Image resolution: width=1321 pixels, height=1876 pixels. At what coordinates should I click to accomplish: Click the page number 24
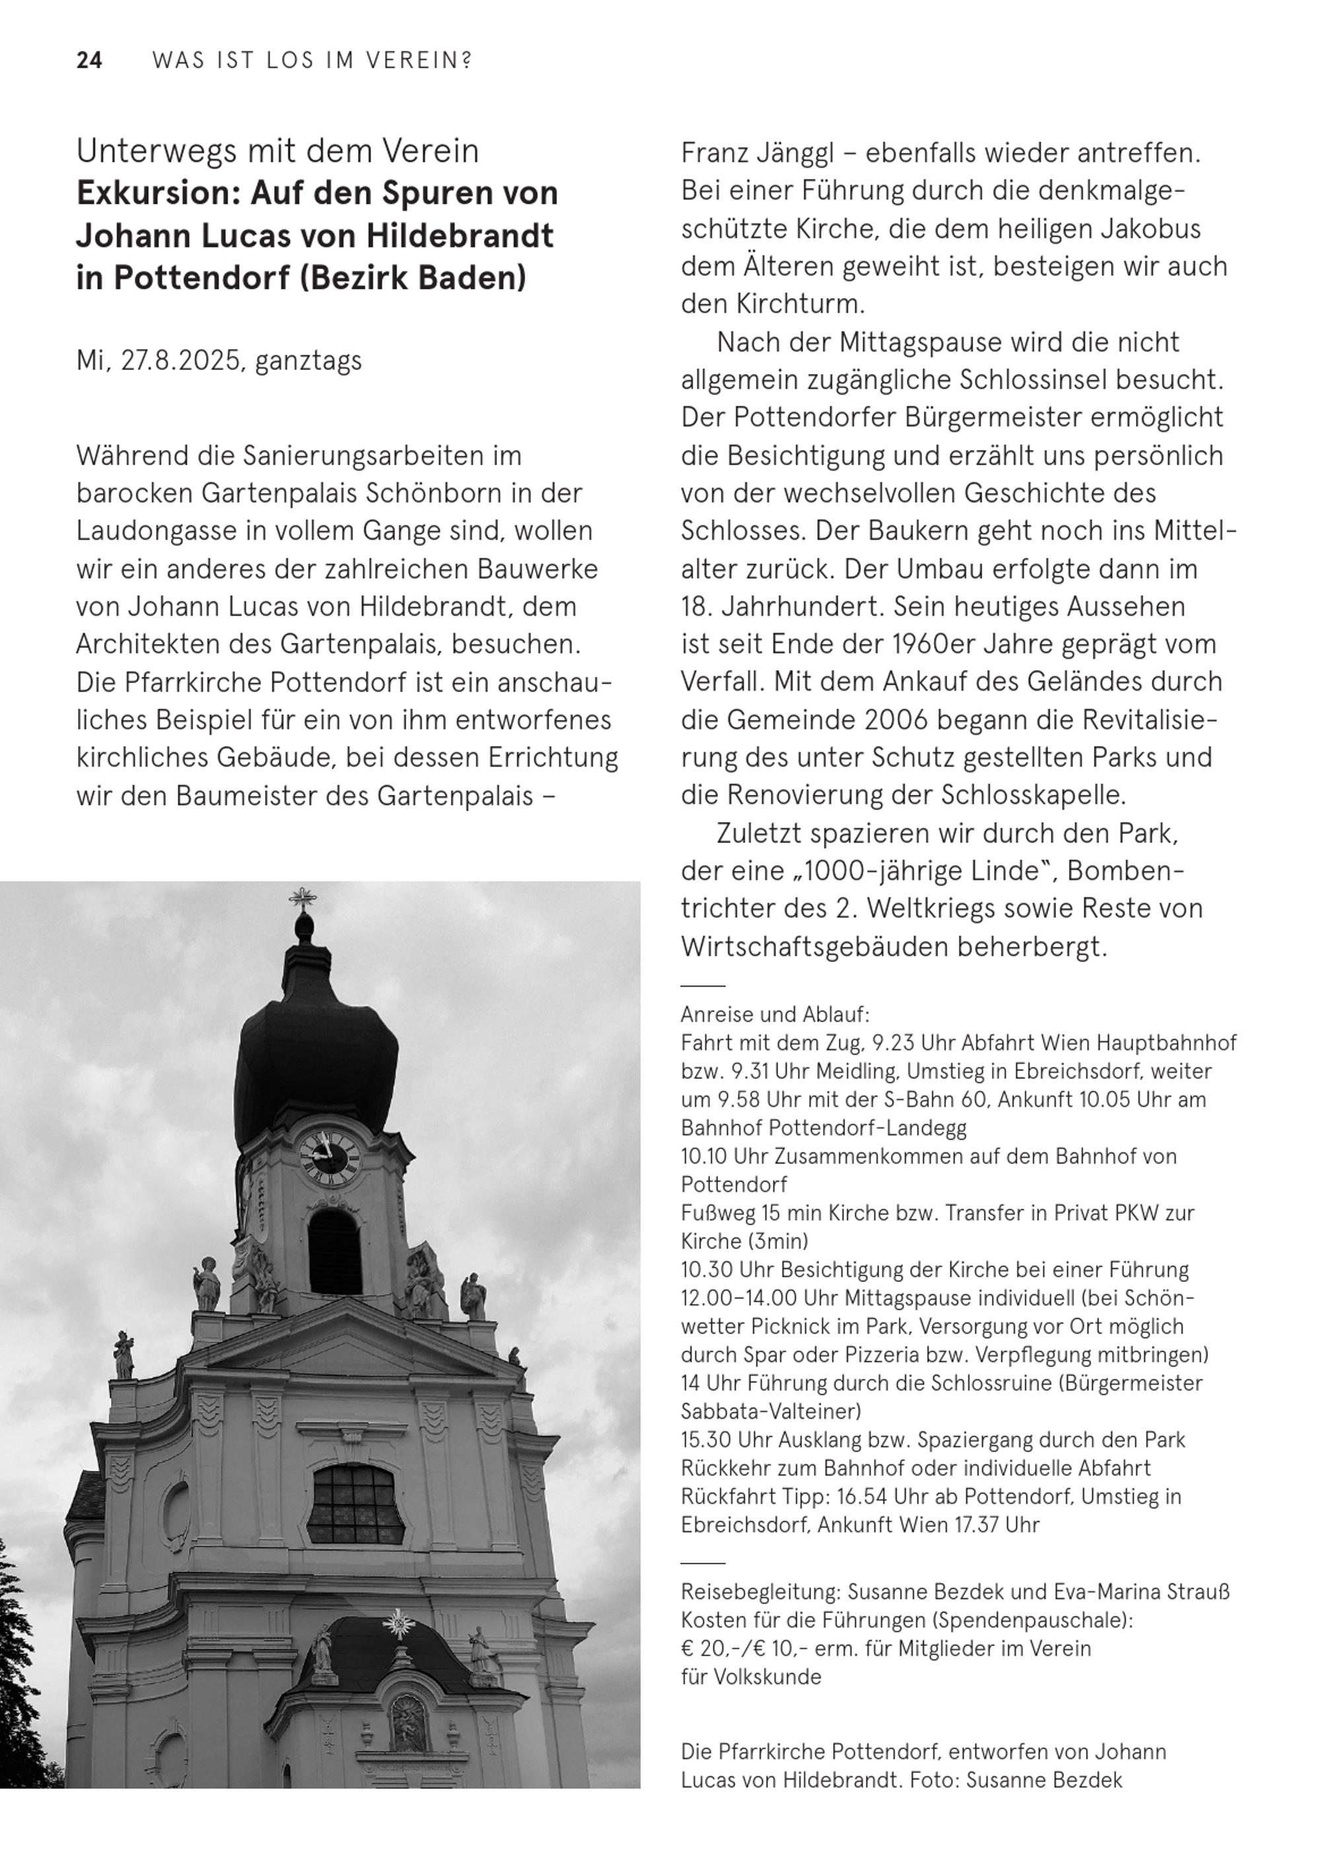click(x=89, y=61)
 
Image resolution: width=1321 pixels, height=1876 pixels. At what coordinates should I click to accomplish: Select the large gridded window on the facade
click(x=355, y=1503)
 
